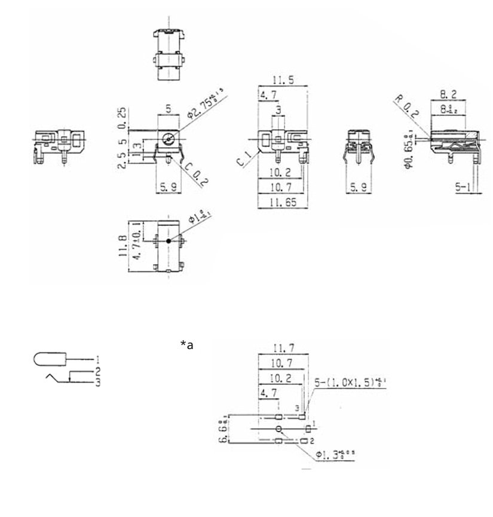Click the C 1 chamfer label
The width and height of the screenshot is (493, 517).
coord(243,158)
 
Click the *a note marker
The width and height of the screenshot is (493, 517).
coord(187,345)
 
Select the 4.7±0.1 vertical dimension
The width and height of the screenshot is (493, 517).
coord(136,239)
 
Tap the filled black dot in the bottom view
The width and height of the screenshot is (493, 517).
coord(169,240)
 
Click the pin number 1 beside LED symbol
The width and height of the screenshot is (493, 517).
coord(97,360)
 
